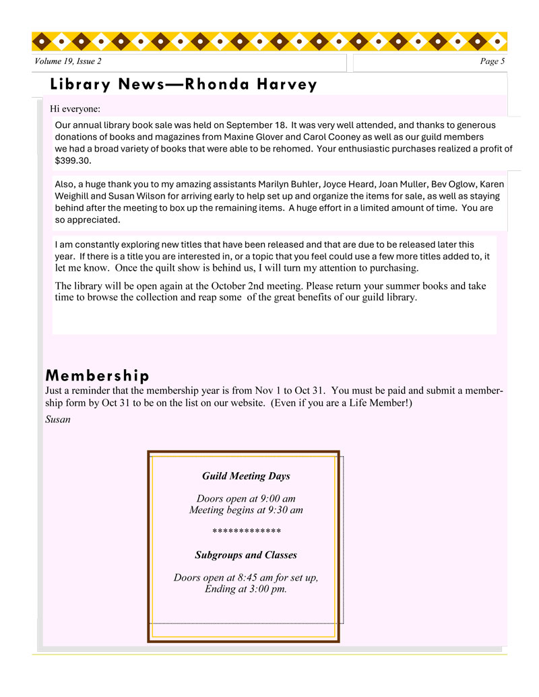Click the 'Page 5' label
[x=492, y=61]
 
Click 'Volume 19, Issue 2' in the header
[x=68, y=61]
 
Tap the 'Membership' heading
[x=97, y=375]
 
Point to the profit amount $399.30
[x=73, y=161]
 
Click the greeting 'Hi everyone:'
[x=75, y=108]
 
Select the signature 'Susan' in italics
[x=58, y=420]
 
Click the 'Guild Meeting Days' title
[x=246, y=476]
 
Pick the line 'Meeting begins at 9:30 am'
[x=246, y=510]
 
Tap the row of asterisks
[x=246, y=532]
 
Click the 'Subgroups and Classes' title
[x=246, y=555]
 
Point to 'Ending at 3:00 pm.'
[x=246, y=589]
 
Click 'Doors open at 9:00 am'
[x=246, y=498]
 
